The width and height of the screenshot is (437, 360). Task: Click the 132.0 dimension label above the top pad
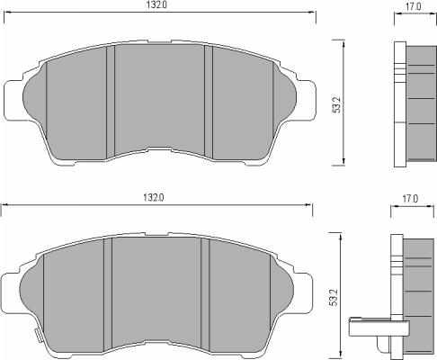156,4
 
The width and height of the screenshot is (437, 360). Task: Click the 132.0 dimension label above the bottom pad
154,198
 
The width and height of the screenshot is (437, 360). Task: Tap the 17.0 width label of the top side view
414,6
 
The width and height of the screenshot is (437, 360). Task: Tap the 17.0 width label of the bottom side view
410,199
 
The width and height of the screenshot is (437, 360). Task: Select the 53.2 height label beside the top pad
337,104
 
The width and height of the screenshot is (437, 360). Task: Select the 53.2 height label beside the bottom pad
334,297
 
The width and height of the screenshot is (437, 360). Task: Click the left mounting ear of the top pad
13,101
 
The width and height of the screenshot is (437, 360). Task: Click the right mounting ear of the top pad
307,101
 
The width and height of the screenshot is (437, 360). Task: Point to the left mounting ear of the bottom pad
11,293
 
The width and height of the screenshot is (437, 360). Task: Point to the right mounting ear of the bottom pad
303,293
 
